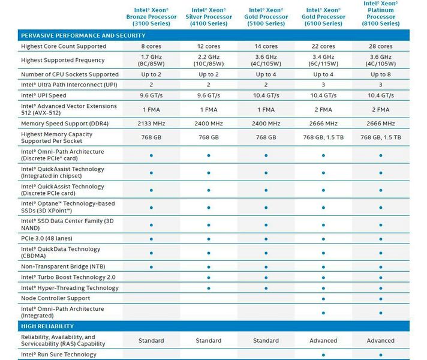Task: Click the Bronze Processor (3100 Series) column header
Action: [151, 17]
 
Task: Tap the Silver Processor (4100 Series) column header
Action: [209, 17]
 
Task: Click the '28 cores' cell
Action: [381, 46]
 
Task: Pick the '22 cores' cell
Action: [323, 46]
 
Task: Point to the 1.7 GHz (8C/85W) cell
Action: [151, 60]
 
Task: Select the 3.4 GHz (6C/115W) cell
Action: [323, 60]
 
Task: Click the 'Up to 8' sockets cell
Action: [381, 74]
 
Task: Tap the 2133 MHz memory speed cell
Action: [151, 124]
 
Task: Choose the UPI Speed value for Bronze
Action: [151, 95]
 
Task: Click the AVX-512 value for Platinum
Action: [381, 109]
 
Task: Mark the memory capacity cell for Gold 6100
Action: [323, 137]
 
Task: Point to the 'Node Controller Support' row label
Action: [55, 298]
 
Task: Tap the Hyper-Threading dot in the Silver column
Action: [209, 288]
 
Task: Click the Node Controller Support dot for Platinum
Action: [381, 298]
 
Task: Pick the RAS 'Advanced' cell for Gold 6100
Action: [323, 341]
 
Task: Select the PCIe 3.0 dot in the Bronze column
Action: [151, 238]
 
